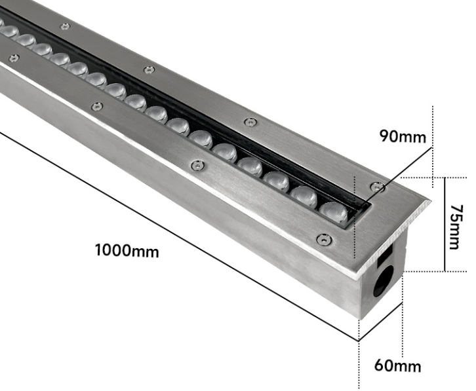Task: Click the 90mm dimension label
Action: (x=403, y=137)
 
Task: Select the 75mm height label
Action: (x=455, y=226)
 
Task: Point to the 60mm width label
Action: (x=397, y=365)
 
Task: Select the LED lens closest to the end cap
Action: (x=334, y=211)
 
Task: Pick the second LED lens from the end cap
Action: (x=304, y=195)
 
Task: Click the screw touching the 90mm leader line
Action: (x=376, y=187)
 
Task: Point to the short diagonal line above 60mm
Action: (x=380, y=323)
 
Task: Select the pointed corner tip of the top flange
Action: (x=429, y=200)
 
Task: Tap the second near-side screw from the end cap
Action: (x=196, y=166)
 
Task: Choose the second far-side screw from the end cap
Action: (x=250, y=122)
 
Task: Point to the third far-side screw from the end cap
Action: (x=149, y=69)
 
